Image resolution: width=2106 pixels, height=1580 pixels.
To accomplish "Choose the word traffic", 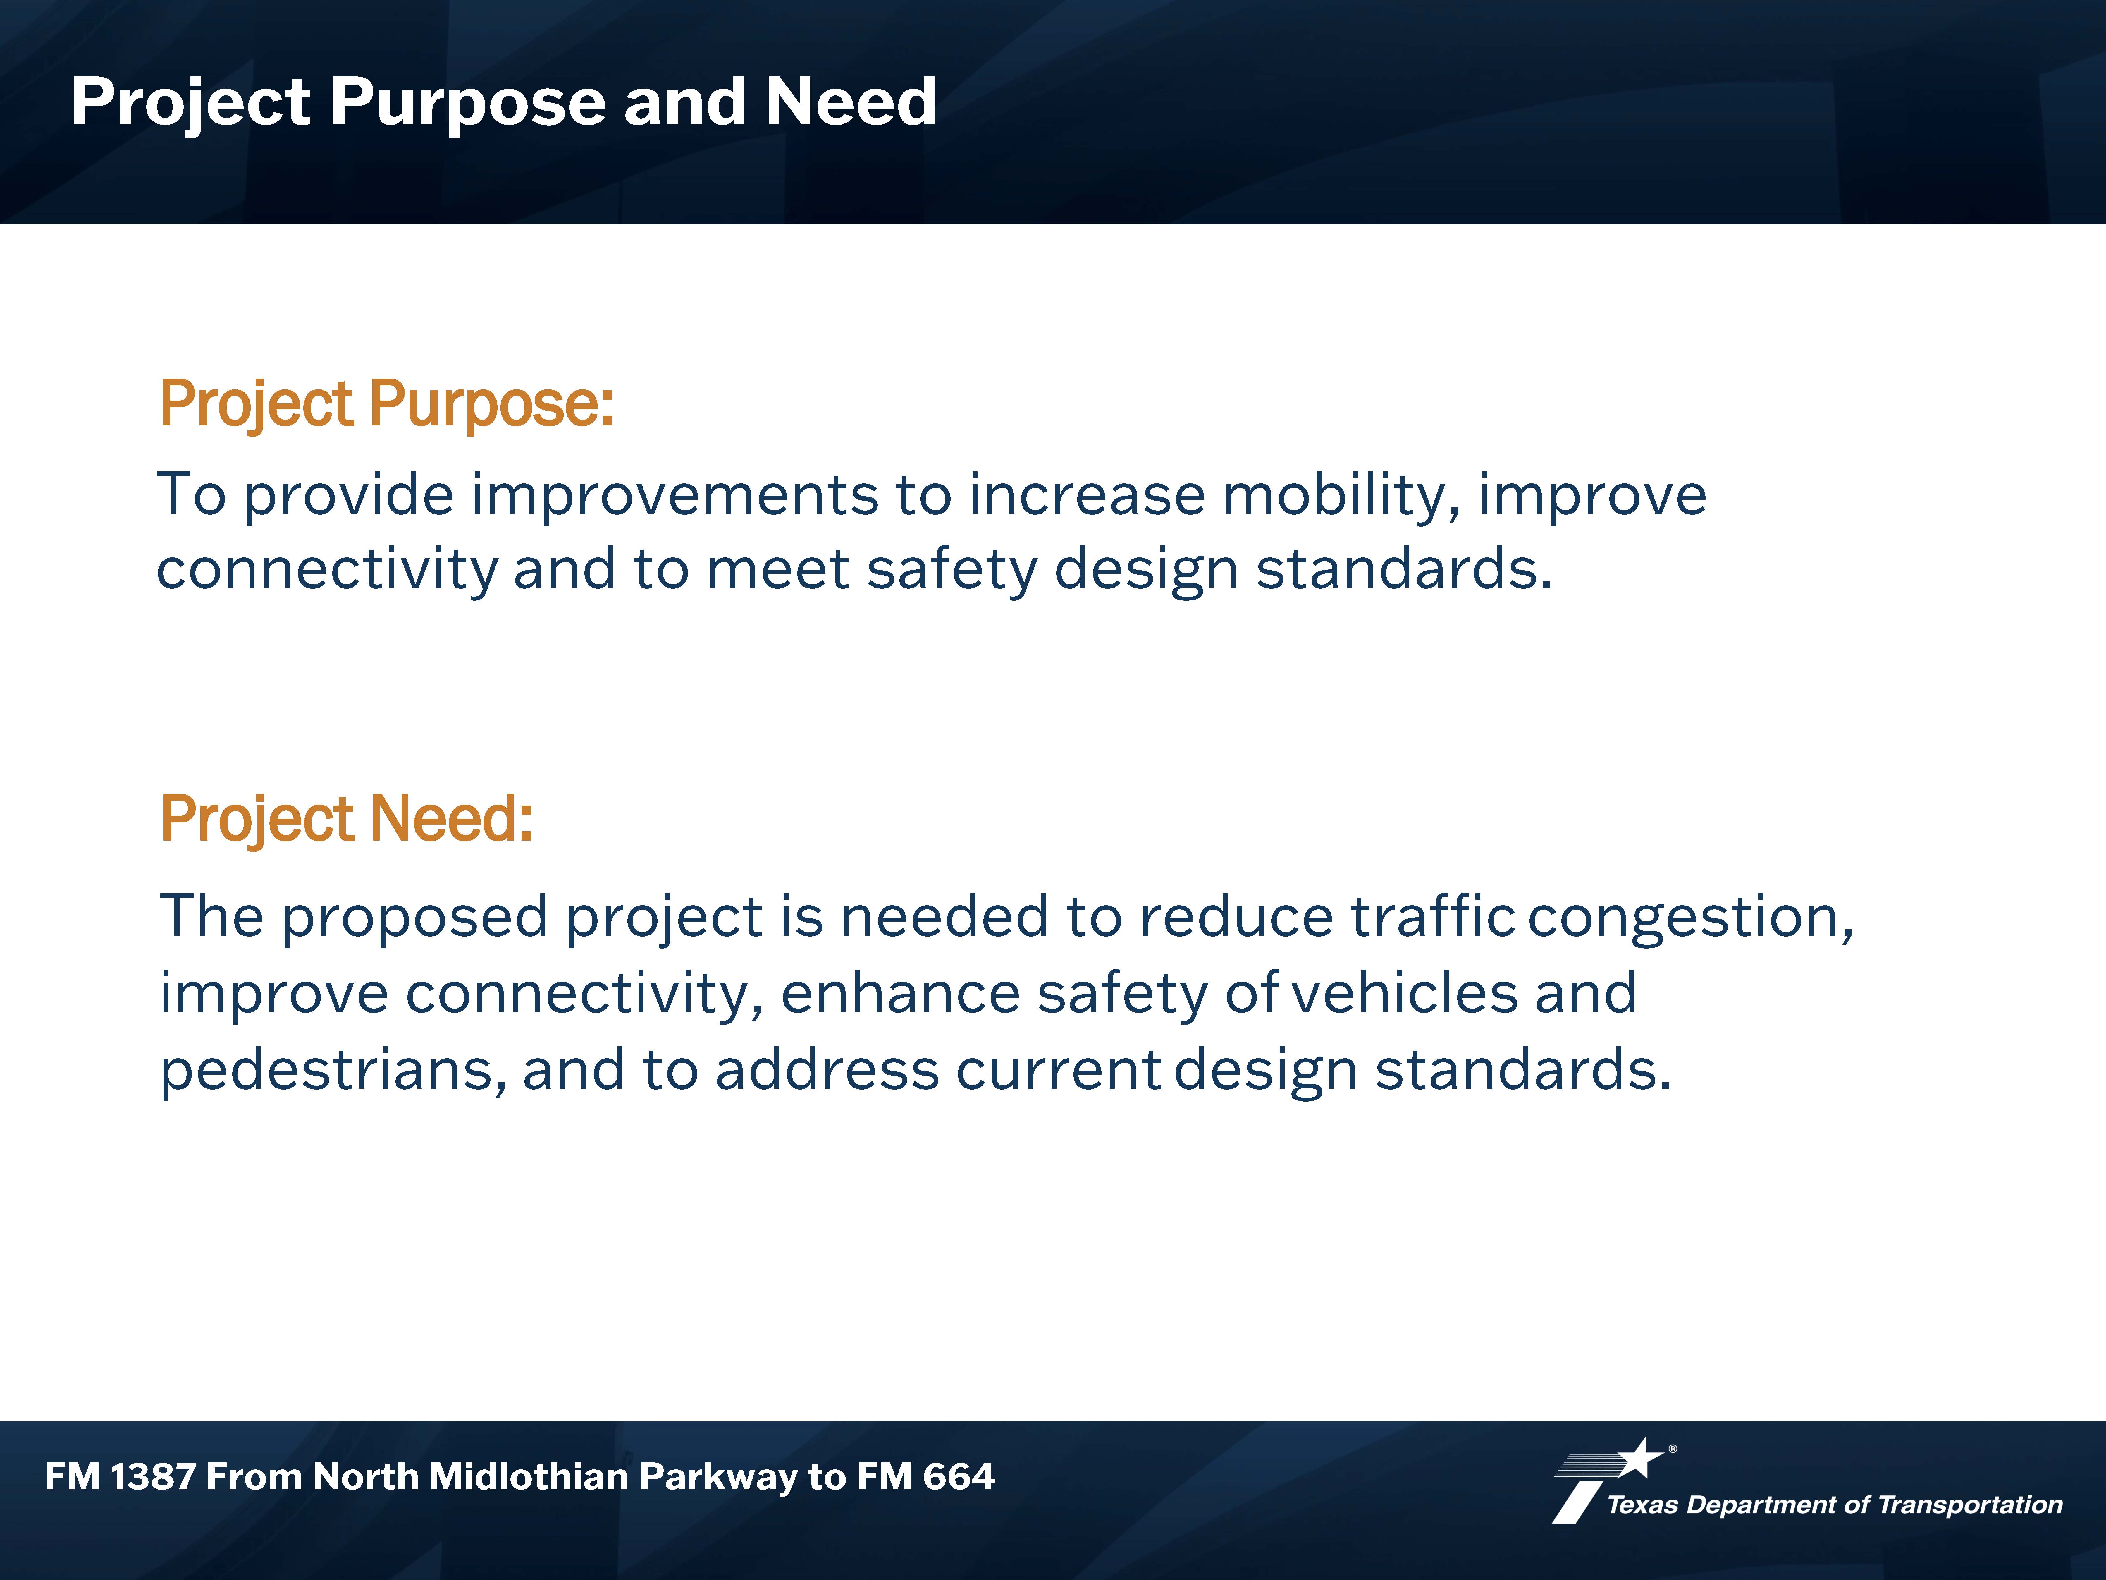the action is [1433, 916].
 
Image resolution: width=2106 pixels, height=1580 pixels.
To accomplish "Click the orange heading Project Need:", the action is [347, 819].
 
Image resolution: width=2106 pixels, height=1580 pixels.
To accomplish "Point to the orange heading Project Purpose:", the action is [387, 404].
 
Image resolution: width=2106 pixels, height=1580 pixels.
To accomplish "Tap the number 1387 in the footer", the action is [152, 1476].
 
